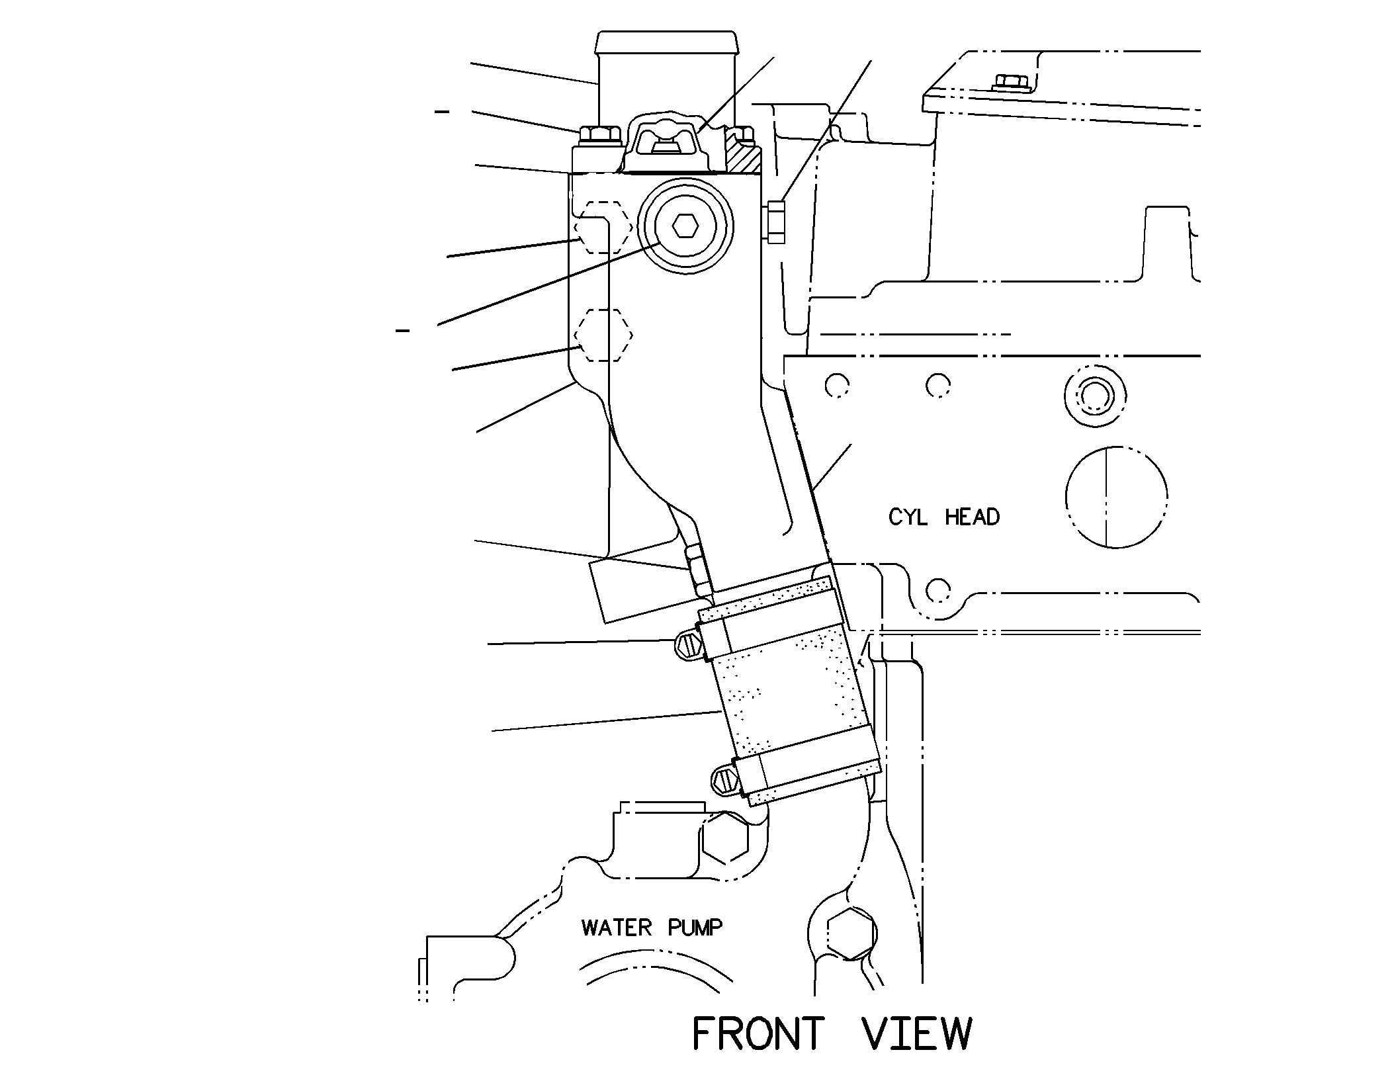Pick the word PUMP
(695, 928)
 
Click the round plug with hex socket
(685, 226)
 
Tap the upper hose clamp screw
(690, 643)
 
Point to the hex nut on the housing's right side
(775, 221)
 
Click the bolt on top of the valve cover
(1010, 83)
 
